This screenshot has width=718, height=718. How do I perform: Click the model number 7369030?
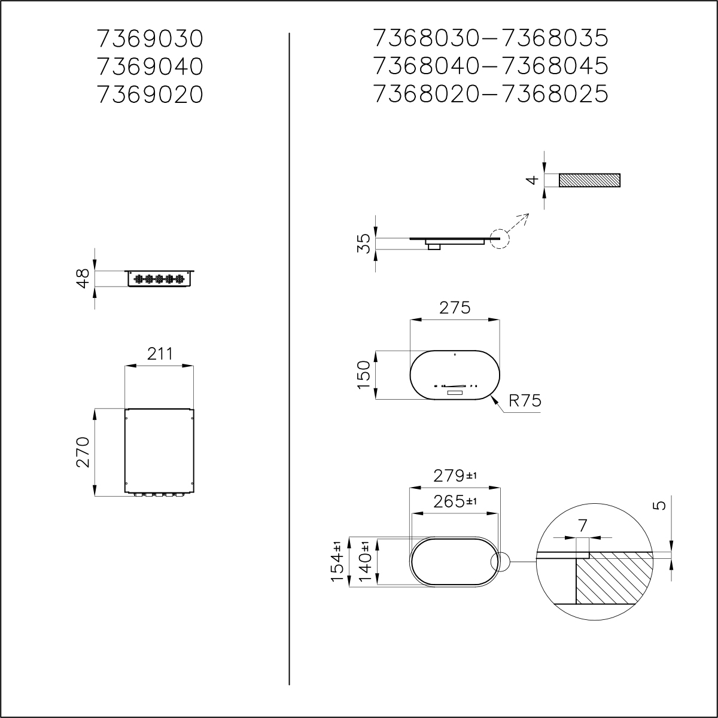150,39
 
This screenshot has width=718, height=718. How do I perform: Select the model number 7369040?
150,66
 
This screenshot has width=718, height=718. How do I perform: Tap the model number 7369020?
150,95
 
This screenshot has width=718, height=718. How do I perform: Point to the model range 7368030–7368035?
491,39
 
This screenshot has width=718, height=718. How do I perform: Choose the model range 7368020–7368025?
491,95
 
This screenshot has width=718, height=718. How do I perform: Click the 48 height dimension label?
83,278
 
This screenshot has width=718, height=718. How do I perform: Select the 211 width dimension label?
160,354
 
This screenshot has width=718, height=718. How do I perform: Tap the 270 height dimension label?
83,452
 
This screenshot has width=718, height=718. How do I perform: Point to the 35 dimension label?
363,244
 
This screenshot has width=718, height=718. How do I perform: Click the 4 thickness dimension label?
534,180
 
